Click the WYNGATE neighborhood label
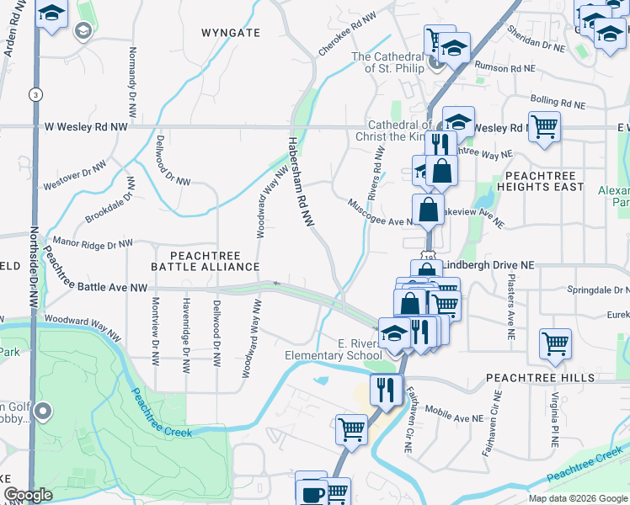230,32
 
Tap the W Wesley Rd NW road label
86,126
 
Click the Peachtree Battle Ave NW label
102,287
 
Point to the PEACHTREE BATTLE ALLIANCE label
206,261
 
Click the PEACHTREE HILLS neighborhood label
522,379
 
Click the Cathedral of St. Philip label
387,62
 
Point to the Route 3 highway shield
35,94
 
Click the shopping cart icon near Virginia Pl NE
556,343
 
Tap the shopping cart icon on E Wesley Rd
544,127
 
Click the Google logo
28,495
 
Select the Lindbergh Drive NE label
485,264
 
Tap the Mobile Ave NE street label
456,413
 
